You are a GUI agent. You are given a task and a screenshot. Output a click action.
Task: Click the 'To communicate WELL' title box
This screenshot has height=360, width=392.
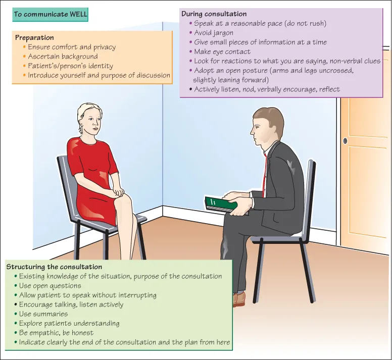tap(51, 15)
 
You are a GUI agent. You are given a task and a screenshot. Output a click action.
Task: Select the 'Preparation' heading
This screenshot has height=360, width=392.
tap(34, 37)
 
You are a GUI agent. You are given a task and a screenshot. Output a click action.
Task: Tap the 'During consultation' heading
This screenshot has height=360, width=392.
tap(214, 14)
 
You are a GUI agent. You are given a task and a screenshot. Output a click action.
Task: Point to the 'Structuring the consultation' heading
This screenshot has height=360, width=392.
tap(54, 267)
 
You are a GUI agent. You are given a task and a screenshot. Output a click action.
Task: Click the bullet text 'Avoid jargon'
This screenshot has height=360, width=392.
tap(214, 33)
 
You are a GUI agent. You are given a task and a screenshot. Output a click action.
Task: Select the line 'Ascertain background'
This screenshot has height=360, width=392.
tap(63, 57)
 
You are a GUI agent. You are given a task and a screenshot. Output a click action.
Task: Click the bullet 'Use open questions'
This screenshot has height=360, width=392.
tap(50, 286)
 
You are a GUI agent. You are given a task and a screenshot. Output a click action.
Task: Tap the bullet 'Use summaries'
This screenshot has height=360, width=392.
tap(43, 314)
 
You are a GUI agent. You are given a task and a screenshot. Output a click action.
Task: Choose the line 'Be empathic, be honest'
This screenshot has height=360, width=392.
tap(56, 333)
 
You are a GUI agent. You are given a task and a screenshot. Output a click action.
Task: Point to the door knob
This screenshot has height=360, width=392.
tap(345, 141)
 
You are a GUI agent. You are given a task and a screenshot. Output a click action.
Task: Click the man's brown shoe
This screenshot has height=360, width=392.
tap(238, 299)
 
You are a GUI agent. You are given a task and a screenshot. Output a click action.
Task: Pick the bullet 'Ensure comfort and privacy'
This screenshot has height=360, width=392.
tap(72, 47)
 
